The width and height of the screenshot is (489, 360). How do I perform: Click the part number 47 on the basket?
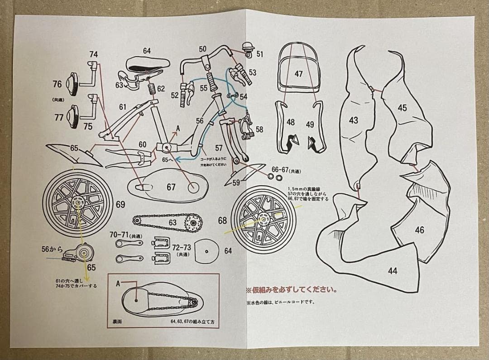pos(298,74)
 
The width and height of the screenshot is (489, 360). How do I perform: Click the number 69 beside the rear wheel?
pos(120,205)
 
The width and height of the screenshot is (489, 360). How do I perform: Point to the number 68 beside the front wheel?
pos(222,221)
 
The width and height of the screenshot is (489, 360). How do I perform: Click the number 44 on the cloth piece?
pos(393,271)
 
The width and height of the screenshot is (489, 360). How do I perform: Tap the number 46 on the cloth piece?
pos(420,230)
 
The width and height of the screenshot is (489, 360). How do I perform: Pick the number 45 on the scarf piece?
pos(402,108)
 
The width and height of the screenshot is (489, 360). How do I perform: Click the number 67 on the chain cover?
pos(171,187)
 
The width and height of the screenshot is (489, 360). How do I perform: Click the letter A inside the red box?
pos(118,283)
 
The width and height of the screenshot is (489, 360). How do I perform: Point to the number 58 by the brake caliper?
pos(259,130)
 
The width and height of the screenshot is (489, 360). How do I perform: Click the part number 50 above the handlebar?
pos(202,49)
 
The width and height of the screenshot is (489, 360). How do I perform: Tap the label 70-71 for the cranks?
pos(120,235)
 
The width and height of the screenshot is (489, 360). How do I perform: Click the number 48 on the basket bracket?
pos(291,123)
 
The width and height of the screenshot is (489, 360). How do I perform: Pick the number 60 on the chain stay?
pos(143,144)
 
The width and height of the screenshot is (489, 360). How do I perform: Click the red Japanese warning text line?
pos(292,290)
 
